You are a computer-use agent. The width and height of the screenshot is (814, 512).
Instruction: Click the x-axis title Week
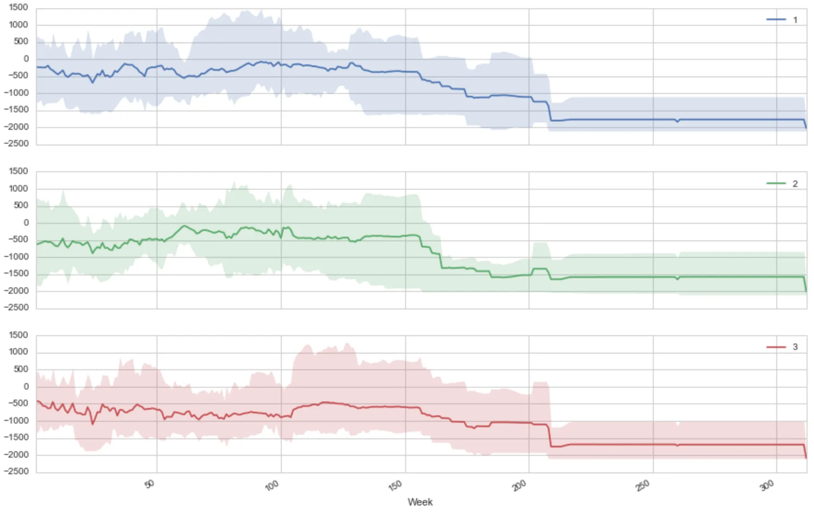[420, 502]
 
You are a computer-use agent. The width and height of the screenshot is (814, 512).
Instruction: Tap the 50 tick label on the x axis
[149, 484]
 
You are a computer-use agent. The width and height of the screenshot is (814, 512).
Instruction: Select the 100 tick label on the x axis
[272, 485]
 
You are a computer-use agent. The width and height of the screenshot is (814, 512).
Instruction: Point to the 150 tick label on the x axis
[395, 485]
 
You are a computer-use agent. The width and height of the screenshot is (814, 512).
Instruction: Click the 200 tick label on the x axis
[519, 485]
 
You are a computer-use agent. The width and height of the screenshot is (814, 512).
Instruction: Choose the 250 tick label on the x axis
[643, 485]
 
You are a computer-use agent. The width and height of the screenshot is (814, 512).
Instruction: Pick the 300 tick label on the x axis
[767, 485]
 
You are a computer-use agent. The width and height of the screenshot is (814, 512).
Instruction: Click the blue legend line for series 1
[776, 19]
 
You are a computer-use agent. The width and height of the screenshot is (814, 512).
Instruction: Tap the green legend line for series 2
[776, 183]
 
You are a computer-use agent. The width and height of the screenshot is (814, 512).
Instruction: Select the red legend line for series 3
[776, 347]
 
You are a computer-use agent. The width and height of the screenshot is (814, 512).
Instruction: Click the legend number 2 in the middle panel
[795, 184]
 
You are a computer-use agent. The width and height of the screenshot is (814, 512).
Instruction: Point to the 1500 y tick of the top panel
[18, 7]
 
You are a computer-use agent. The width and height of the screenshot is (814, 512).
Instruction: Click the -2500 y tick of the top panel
[17, 144]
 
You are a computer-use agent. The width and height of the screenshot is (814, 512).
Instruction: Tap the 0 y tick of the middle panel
[26, 223]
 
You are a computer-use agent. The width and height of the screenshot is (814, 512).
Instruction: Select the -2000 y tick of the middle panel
[17, 291]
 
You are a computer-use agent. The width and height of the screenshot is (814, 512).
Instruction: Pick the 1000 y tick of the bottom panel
[18, 352]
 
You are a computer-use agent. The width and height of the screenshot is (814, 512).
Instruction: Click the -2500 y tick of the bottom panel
[17, 471]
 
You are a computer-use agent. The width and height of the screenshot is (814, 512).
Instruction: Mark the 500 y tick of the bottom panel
[21, 369]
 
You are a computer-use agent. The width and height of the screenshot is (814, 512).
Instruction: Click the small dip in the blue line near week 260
[677, 122]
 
